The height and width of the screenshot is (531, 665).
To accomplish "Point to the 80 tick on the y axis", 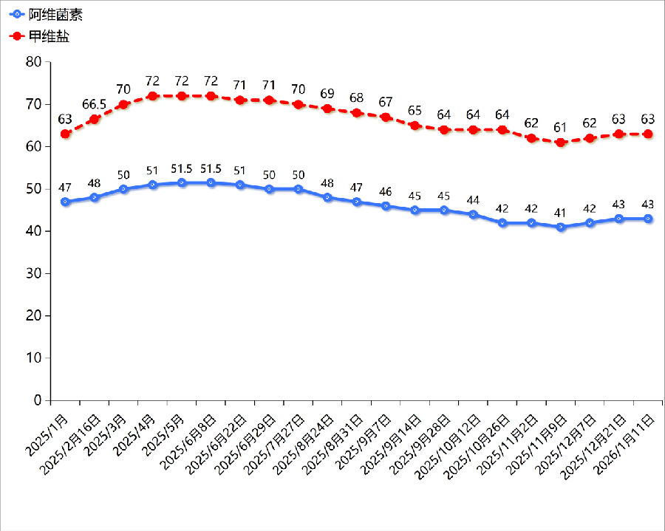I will click(33, 62).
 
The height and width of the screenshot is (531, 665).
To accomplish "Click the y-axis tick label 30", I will click(33, 274).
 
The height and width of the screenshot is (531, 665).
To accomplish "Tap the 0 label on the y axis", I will click(37, 401).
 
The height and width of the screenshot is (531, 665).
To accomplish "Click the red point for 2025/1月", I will click(66, 134).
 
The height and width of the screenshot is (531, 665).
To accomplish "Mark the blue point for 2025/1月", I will click(66, 202).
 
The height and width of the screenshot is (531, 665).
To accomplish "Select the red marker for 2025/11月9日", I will click(561, 142).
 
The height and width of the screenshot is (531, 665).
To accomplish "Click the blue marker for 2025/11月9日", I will click(561, 227).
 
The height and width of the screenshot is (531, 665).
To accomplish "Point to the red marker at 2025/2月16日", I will click(95, 119).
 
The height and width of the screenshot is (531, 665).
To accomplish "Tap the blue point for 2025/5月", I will click(182, 182).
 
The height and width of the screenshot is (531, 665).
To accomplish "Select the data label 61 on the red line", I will click(561, 126).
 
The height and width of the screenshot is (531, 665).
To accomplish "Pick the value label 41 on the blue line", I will click(561, 213).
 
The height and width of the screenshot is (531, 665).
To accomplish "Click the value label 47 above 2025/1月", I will click(66, 188).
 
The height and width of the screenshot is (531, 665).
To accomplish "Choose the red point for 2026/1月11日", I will click(648, 134).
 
